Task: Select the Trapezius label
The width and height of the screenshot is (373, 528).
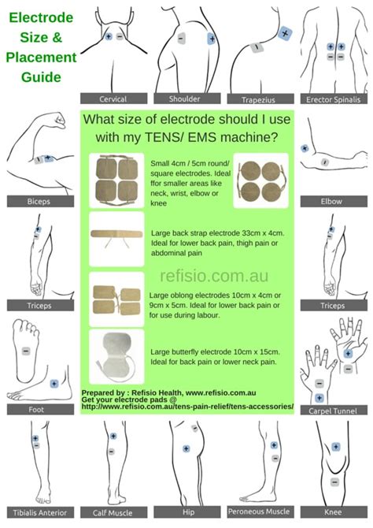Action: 257,99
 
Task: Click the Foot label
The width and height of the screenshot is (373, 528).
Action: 38,409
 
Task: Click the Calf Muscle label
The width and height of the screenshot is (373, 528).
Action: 113,512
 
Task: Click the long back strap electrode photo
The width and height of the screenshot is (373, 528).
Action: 116,236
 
